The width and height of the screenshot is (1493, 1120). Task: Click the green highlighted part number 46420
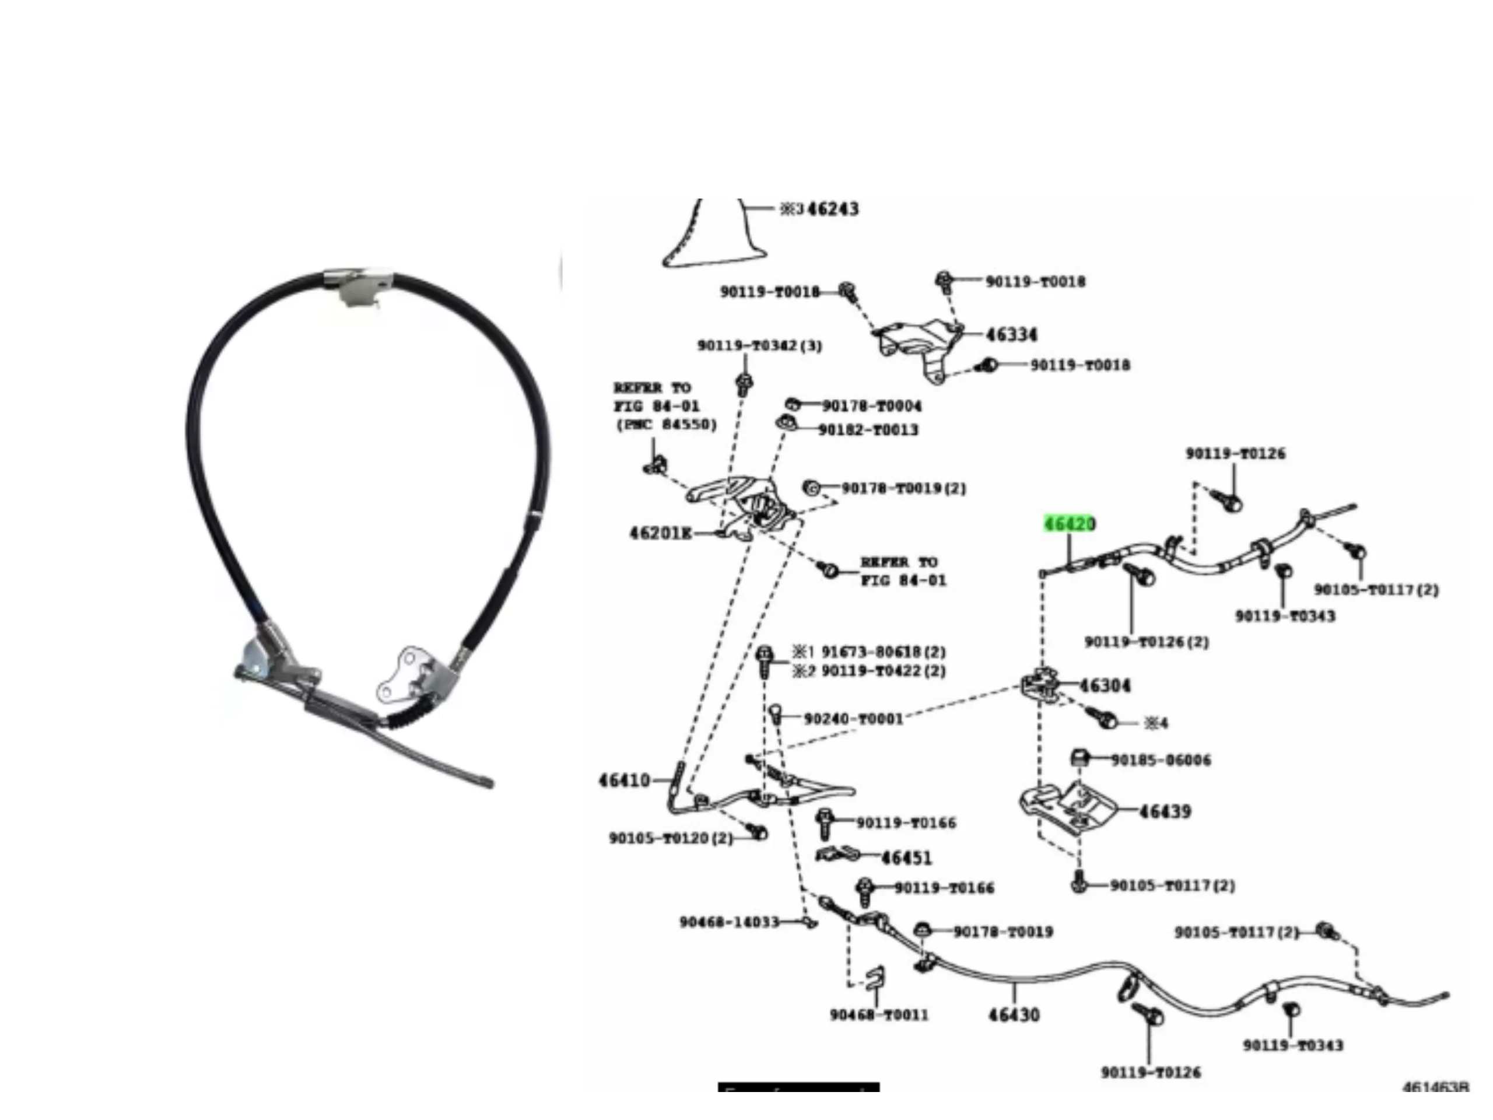(x=1069, y=524)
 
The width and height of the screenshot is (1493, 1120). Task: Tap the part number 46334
(x=1011, y=335)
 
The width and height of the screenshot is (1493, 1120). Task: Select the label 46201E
(x=660, y=533)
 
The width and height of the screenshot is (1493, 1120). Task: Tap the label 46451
(x=906, y=858)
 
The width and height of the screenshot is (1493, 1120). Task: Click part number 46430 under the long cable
(x=1014, y=1014)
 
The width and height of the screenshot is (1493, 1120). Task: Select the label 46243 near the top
(x=833, y=209)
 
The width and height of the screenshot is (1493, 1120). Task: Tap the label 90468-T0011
(x=879, y=1014)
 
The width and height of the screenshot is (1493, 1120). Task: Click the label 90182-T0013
(x=868, y=430)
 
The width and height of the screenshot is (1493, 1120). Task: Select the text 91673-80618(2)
(x=884, y=652)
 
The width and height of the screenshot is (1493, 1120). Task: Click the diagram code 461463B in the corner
(x=1435, y=1087)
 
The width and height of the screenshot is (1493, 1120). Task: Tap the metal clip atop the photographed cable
(x=358, y=286)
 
